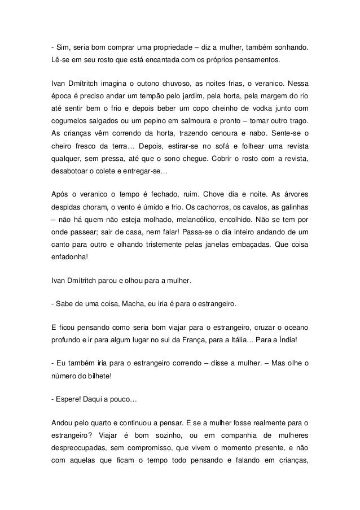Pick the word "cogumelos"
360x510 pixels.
point(71,123)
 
